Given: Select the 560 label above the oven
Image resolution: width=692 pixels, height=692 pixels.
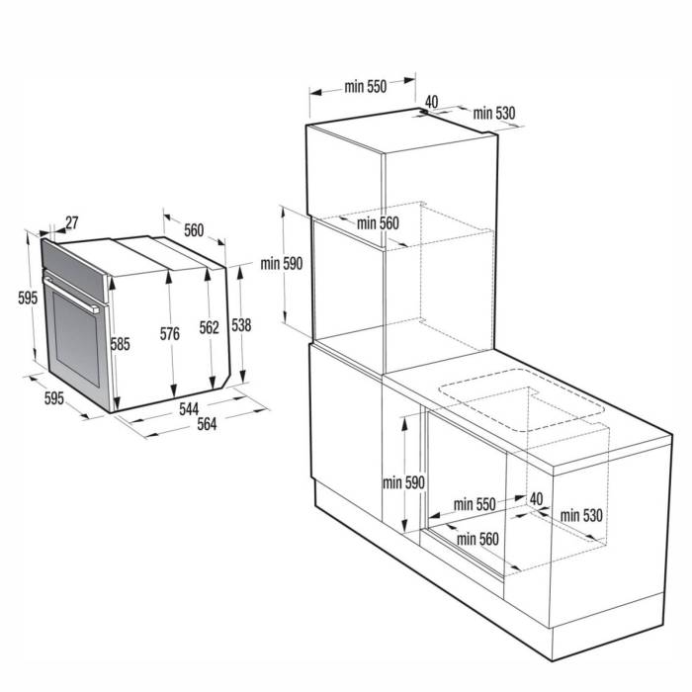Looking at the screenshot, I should [x=193, y=230].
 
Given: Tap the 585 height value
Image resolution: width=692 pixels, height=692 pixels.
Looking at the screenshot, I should [x=121, y=345].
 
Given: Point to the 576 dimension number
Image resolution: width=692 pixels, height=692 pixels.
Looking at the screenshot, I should [x=170, y=335].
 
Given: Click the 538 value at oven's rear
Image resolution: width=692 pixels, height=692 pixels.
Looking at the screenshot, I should [x=241, y=324].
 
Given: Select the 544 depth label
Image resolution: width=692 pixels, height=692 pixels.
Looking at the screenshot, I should [x=188, y=408].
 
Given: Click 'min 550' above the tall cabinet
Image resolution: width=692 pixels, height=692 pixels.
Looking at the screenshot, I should [x=365, y=87].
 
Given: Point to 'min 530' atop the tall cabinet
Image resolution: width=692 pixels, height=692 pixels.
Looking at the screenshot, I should [x=494, y=114].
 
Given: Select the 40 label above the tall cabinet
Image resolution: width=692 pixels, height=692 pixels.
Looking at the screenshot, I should [x=432, y=101].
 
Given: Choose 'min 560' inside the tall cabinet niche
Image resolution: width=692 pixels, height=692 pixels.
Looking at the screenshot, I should [x=378, y=223].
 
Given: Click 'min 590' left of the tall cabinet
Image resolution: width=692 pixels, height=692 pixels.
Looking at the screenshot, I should [x=281, y=264].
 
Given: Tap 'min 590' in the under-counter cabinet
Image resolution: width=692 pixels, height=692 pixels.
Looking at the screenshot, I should [x=404, y=482].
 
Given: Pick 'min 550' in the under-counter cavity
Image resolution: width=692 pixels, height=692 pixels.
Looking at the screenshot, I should [x=474, y=504].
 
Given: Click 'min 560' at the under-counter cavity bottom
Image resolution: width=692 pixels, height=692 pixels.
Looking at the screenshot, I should [x=477, y=539].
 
